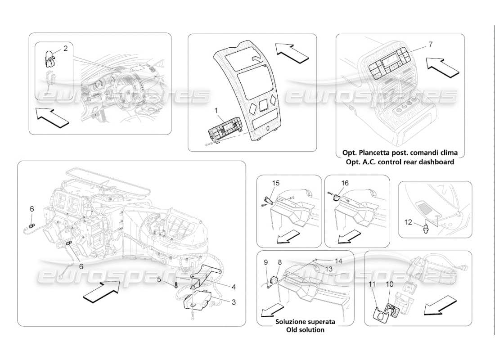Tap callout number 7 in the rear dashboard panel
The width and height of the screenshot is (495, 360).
[x=430, y=44]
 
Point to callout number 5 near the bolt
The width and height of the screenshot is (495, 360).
[x=159, y=279]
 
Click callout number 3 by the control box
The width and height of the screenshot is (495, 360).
[x=233, y=302]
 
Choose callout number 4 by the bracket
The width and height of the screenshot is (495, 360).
[x=233, y=286]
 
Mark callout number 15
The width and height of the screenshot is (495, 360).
[x=276, y=183]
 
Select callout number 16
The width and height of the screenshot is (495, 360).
[x=345, y=183]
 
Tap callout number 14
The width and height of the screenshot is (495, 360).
[x=338, y=261]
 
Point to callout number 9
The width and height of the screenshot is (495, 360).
[x=265, y=262]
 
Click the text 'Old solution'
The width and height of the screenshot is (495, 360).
[x=306, y=330]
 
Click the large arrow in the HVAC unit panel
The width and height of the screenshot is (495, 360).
[x=101, y=289]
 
